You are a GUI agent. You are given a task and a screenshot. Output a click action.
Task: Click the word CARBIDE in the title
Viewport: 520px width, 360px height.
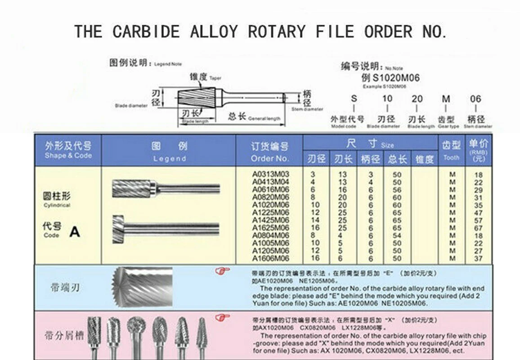[x=146, y=31]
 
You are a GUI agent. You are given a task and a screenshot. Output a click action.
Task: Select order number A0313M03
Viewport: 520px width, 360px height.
[x=270, y=174]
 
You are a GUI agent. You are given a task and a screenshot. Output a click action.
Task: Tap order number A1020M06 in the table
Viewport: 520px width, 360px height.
[x=270, y=205]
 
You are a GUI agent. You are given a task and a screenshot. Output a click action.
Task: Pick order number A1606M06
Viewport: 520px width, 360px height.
[x=270, y=258]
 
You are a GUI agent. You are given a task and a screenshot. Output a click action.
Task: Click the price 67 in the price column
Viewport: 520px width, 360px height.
[x=478, y=228]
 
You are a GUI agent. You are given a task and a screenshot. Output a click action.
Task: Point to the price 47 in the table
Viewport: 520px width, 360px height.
[x=478, y=213]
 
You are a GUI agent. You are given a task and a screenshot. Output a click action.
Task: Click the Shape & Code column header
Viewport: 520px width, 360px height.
[x=68, y=150]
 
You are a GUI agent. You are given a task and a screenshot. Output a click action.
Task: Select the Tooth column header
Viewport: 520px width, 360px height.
[x=451, y=150]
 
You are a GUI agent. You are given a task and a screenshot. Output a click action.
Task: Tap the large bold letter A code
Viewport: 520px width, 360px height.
[x=75, y=232]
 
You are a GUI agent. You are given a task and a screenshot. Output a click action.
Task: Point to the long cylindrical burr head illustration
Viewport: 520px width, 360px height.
[x=134, y=188]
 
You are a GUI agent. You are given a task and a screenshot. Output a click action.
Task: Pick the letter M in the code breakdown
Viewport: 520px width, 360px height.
[x=446, y=99]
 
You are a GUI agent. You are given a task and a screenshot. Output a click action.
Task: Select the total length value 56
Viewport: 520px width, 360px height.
[x=397, y=190]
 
